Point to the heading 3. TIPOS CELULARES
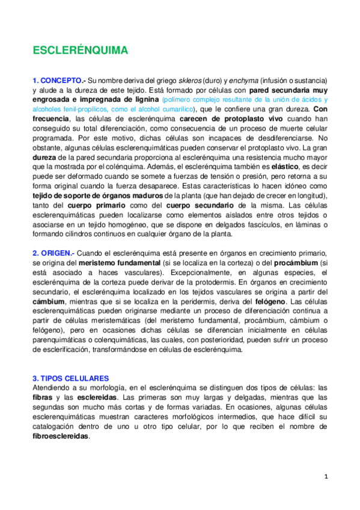coord(70,378)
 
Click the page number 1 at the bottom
coord(325,476)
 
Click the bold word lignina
coord(142,99)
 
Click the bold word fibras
coord(42,398)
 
